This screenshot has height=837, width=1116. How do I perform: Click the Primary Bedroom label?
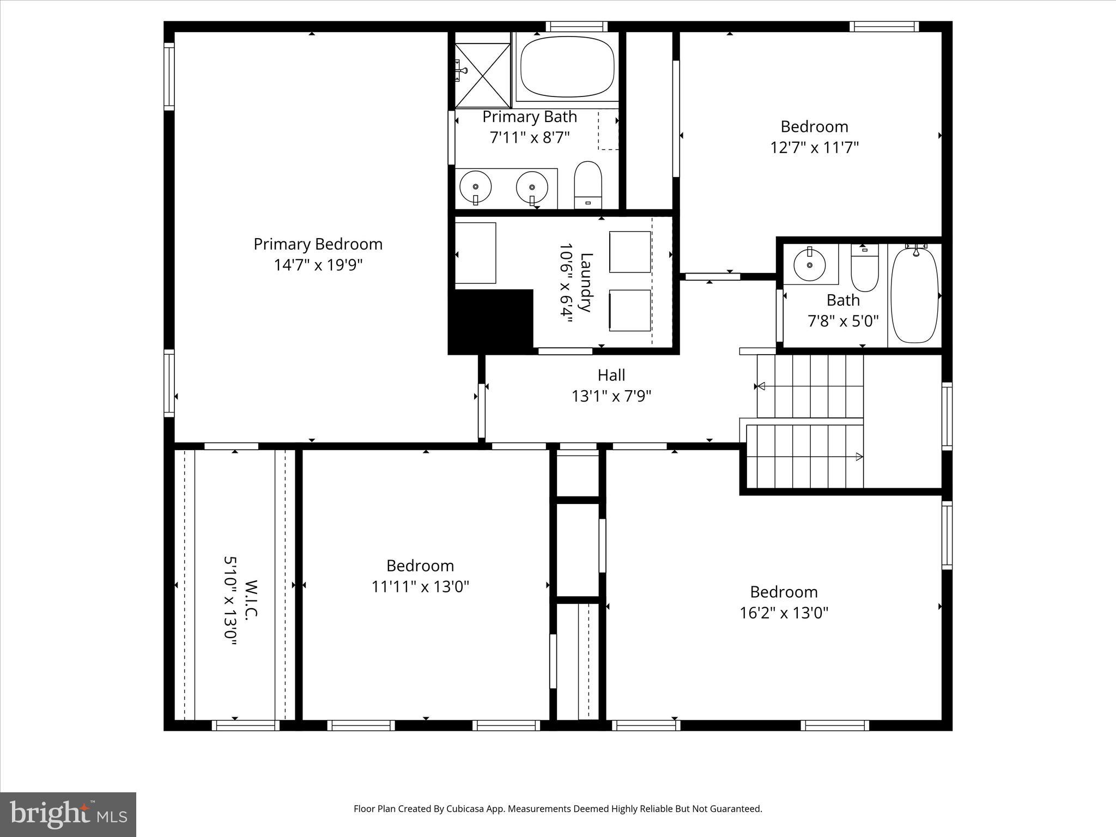tap(318, 244)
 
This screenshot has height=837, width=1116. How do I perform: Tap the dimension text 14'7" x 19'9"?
tap(318, 265)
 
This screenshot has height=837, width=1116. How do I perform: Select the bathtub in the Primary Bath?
tap(567, 66)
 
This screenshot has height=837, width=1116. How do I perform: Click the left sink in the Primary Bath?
tap(476, 186)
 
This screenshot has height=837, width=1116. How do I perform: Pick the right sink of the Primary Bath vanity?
tap(532, 186)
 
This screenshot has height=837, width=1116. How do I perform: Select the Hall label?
tap(611, 375)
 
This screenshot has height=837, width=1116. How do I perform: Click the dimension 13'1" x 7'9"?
tap(611, 396)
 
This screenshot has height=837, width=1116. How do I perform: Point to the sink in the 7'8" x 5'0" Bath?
tap(810, 265)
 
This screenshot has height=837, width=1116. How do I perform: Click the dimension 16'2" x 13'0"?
tap(784, 613)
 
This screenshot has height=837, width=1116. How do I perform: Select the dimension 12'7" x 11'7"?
tap(814, 148)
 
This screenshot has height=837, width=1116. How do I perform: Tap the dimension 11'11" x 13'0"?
tap(420, 587)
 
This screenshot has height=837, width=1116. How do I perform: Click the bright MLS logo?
tap(68, 815)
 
